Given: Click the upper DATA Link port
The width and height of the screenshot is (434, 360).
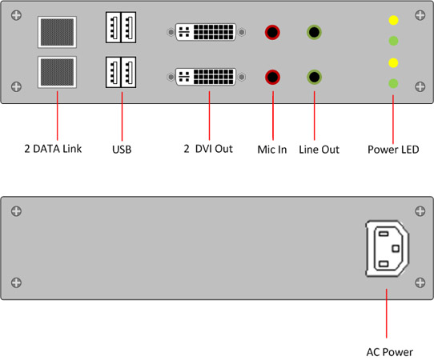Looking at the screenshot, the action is (57, 32).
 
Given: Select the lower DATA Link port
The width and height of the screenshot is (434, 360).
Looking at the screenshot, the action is (57, 72).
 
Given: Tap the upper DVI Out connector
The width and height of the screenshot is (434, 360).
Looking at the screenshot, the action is (206, 32).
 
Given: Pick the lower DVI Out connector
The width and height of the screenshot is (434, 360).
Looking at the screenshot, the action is (206, 77).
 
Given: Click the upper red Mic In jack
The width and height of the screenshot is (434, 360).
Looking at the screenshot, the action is (272, 32).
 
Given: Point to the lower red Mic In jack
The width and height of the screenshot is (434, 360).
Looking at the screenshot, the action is (272, 77).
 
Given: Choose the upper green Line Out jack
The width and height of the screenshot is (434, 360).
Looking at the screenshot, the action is (314, 32).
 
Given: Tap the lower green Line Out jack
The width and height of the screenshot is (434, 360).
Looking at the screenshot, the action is (314, 77).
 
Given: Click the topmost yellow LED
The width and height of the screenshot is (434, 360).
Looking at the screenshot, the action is (393, 20).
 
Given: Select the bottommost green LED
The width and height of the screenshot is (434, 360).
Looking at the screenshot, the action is (393, 83).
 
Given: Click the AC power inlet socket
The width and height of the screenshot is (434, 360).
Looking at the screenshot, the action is (388, 248).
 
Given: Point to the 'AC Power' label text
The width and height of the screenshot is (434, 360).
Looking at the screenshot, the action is (389, 352).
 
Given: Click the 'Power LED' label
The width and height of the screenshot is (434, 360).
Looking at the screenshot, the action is (393, 150).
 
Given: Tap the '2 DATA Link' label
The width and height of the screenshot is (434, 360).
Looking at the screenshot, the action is (53, 149).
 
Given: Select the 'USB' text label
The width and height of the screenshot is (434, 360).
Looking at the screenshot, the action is (122, 150).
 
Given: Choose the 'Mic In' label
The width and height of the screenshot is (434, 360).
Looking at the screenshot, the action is (272, 150).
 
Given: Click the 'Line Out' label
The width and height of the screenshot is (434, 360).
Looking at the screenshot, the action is (319, 150).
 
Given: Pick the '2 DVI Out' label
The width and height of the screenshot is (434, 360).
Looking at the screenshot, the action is (208, 149).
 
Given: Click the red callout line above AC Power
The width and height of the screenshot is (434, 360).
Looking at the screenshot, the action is (387, 314).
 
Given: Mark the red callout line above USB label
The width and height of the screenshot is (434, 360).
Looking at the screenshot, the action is (122, 116).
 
